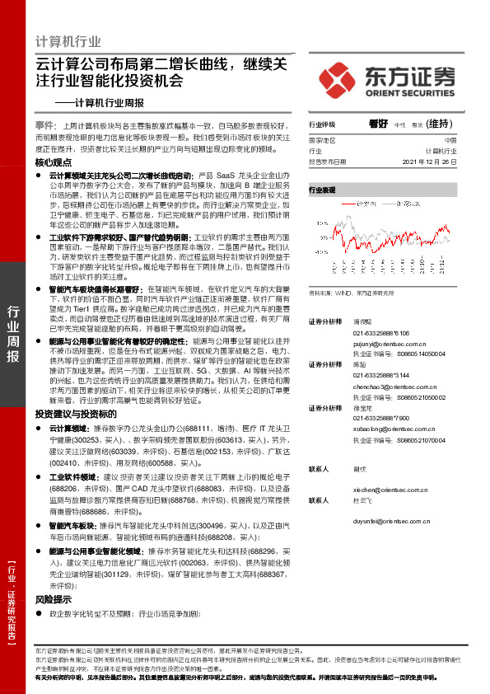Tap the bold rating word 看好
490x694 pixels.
tap(378, 124)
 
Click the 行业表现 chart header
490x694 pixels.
tap(322, 190)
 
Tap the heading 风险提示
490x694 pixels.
tap(54, 599)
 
